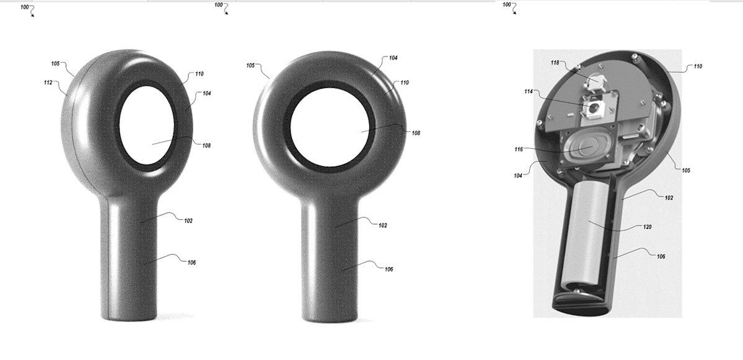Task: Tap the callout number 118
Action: click(555, 63)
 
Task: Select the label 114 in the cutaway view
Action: click(529, 92)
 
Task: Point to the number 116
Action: click(518, 149)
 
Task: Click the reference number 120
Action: click(647, 227)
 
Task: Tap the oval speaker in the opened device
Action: click(584, 149)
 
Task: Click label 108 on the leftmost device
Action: click(206, 146)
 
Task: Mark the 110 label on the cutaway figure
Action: click(698, 66)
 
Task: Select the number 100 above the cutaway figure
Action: click(507, 5)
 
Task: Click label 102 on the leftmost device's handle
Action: click(188, 221)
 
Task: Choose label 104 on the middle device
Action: click(393, 58)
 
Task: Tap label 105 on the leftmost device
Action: click(56, 63)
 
